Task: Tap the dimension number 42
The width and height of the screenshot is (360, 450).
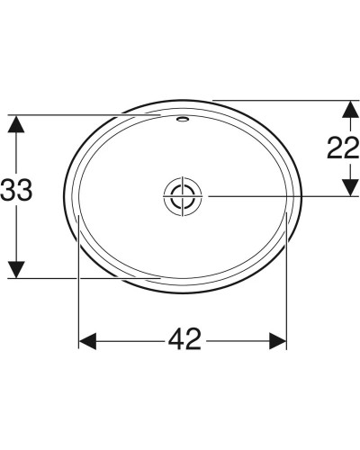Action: click(x=184, y=340)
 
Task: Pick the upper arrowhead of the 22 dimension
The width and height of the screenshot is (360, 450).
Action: click(x=347, y=107)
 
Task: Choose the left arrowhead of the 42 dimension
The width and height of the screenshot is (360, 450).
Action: click(x=87, y=340)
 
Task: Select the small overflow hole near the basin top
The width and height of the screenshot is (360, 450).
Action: click(x=184, y=118)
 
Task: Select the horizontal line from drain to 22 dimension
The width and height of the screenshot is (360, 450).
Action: click(x=270, y=195)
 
